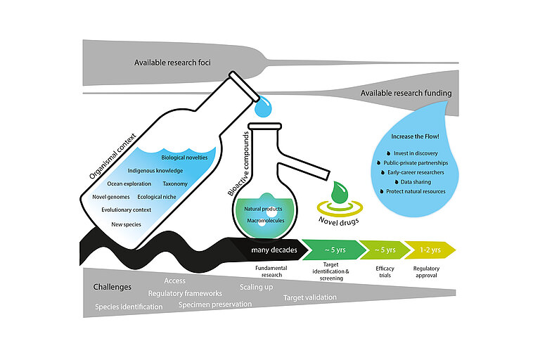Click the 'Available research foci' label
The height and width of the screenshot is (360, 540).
click(172, 63)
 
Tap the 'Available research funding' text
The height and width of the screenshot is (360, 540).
click(406, 93)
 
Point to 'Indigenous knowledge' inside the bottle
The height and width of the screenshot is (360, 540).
click(155, 171)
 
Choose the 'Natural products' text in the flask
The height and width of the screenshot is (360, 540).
click(264, 210)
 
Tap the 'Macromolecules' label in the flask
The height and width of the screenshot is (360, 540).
click(264, 221)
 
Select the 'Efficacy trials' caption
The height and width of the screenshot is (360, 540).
click(383, 272)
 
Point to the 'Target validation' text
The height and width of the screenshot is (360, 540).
click(309, 298)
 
